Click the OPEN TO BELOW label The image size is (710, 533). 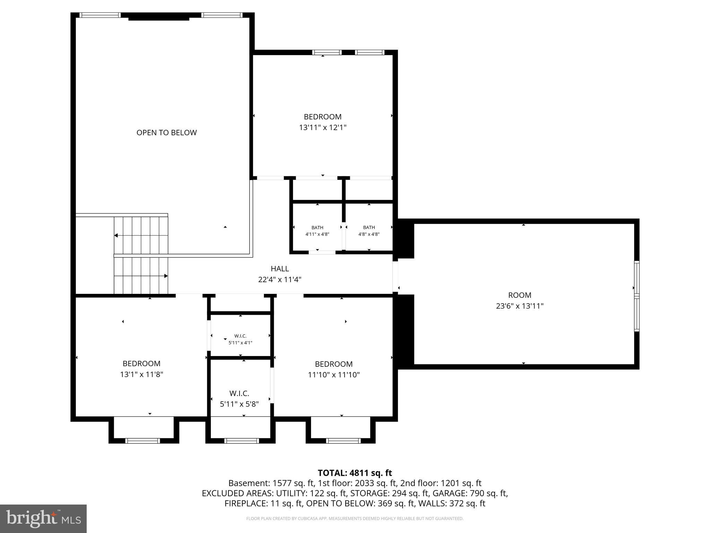[166, 133]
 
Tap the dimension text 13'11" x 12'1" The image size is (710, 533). [323, 128]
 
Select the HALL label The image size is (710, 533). [280, 269]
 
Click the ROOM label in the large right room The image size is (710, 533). [519, 295]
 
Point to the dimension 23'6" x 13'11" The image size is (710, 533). [519, 306]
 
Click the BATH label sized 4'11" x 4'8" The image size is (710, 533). [317, 228]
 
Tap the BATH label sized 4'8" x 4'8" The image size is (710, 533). [369, 228]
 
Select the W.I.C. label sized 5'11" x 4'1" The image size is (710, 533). [240, 336]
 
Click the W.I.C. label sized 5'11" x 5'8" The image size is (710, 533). [239, 394]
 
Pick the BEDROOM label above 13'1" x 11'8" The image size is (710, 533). [141, 364]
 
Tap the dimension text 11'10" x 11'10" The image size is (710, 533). [334, 375]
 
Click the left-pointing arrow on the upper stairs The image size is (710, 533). [116, 236]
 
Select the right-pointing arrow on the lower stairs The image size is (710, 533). [166, 276]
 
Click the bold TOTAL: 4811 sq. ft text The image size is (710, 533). [355, 473]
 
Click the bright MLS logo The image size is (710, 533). [43, 518]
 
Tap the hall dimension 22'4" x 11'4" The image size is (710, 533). [280, 280]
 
